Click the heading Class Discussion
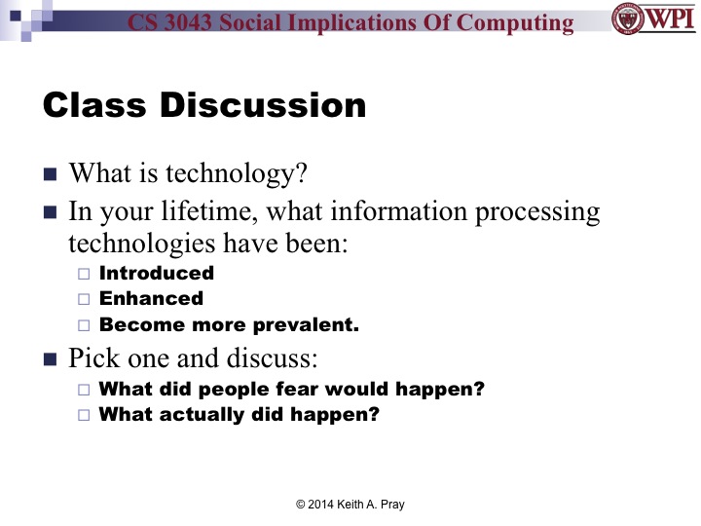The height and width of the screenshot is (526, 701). point(204,105)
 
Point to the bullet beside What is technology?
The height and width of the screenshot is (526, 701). point(51,175)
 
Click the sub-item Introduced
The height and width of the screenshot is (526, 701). point(156,274)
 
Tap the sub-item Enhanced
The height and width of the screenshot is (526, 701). point(151,299)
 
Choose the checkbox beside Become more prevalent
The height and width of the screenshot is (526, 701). point(83,325)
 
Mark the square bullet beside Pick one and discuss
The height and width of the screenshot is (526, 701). point(51,359)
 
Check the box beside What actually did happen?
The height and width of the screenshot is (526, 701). point(83,415)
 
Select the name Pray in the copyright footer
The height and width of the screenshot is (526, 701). point(390,504)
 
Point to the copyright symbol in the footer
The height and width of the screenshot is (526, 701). point(301,504)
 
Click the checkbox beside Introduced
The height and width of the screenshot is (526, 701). point(83,274)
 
